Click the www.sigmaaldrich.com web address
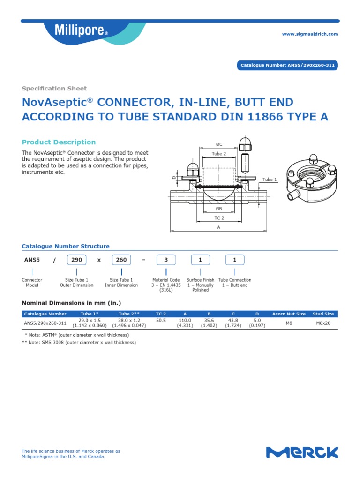click(x=309, y=34)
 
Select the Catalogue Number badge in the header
click(x=287, y=66)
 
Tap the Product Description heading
click(x=59, y=142)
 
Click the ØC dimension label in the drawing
click(x=219, y=144)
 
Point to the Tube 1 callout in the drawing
click(x=270, y=180)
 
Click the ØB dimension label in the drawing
click(x=219, y=209)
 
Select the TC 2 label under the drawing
click(x=219, y=218)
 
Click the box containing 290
click(x=77, y=260)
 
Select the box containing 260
click(x=121, y=260)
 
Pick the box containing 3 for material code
click(x=166, y=260)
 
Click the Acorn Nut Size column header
click(x=289, y=314)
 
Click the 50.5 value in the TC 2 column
click(x=161, y=320)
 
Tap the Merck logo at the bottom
click(x=302, y=452)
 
